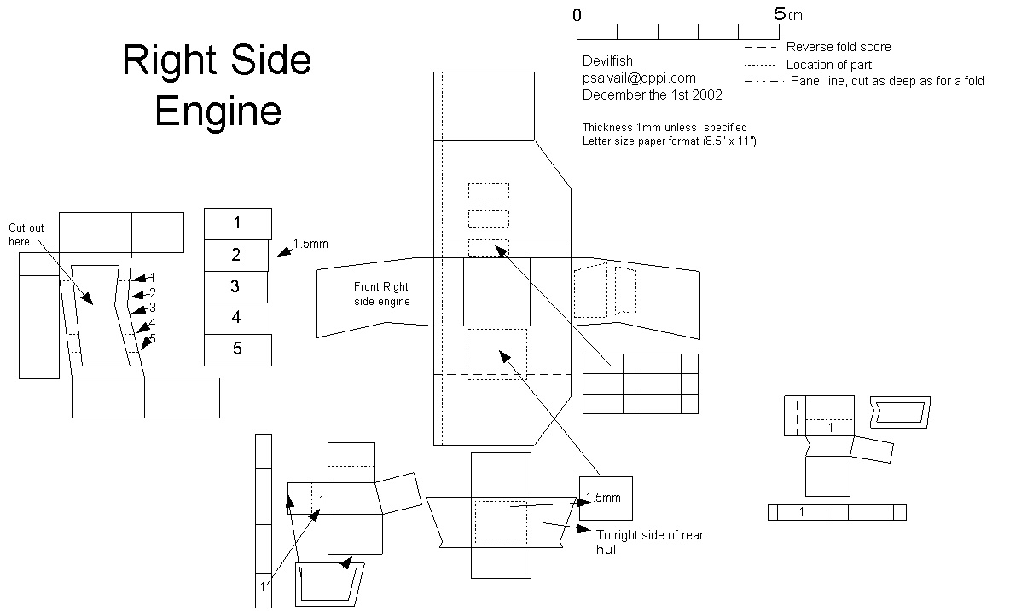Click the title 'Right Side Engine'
[x=218, y=86]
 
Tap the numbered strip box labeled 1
[x=237, y=223]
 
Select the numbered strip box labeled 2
[x=236, y=255]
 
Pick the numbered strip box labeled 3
[x=235, y=286]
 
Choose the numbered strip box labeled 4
[x=236, y=318]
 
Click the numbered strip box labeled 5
[x=237, y=349]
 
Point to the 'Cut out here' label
[x=26, y=234]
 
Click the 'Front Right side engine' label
[x=382, y=294]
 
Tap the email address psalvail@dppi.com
[x=639, y=78]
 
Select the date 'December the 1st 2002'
[x=652, y=95]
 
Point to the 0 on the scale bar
[x=577, y=15]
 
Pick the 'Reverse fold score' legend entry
[x=839, y=47]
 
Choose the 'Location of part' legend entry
[x=828, y=64]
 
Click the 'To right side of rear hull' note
[x=649, y=542]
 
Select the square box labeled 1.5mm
[x=606, y=498]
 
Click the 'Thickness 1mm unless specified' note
[x=664, y=127]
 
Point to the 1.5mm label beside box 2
[x=310, y=244]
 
